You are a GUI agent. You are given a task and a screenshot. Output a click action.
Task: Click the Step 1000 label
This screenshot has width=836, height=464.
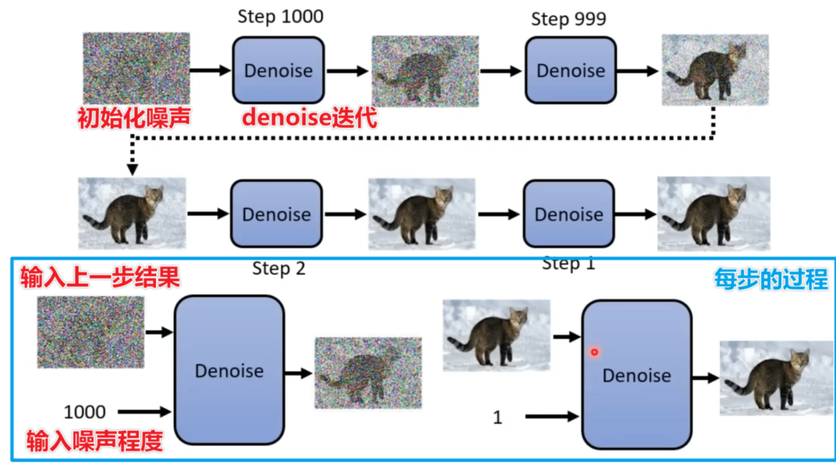(x=280, y=17)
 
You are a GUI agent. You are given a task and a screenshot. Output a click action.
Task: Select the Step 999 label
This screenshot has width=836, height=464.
(x=568, y=19)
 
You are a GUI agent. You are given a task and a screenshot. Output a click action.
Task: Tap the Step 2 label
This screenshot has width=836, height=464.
(x=279, y=269)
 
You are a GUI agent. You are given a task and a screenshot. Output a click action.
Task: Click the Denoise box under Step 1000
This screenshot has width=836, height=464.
(x=278, y=70)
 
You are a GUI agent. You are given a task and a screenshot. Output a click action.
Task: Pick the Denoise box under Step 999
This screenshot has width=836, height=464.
(x=571, y=70)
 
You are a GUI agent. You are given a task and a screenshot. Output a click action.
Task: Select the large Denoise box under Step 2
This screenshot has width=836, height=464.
(x=229, y=370)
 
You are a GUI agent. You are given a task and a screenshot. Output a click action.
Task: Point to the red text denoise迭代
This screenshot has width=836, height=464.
(x=309, y=118)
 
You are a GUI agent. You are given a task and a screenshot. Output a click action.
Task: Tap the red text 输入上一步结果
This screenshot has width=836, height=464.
(x=99, y=278)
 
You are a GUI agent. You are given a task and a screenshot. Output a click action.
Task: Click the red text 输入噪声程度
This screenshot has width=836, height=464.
(x=94, y=441)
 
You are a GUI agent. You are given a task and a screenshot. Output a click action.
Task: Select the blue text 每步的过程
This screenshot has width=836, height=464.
(x=771, y=279)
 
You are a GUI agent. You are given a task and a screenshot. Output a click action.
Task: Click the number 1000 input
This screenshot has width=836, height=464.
(x=85, y=411)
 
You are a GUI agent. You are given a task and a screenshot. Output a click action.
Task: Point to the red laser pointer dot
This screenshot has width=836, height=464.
(x=594, y=352)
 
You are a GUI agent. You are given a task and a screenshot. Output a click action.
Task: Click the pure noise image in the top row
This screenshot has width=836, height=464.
(x=136, y=68)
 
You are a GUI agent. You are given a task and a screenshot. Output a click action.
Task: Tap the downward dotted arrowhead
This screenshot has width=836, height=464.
(x=132, y=169)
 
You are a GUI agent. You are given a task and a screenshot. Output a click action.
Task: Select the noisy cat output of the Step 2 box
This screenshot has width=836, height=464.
(x=368, y=373)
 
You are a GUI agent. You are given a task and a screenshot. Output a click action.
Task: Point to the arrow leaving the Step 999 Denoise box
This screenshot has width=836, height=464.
(x=637, y=71)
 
